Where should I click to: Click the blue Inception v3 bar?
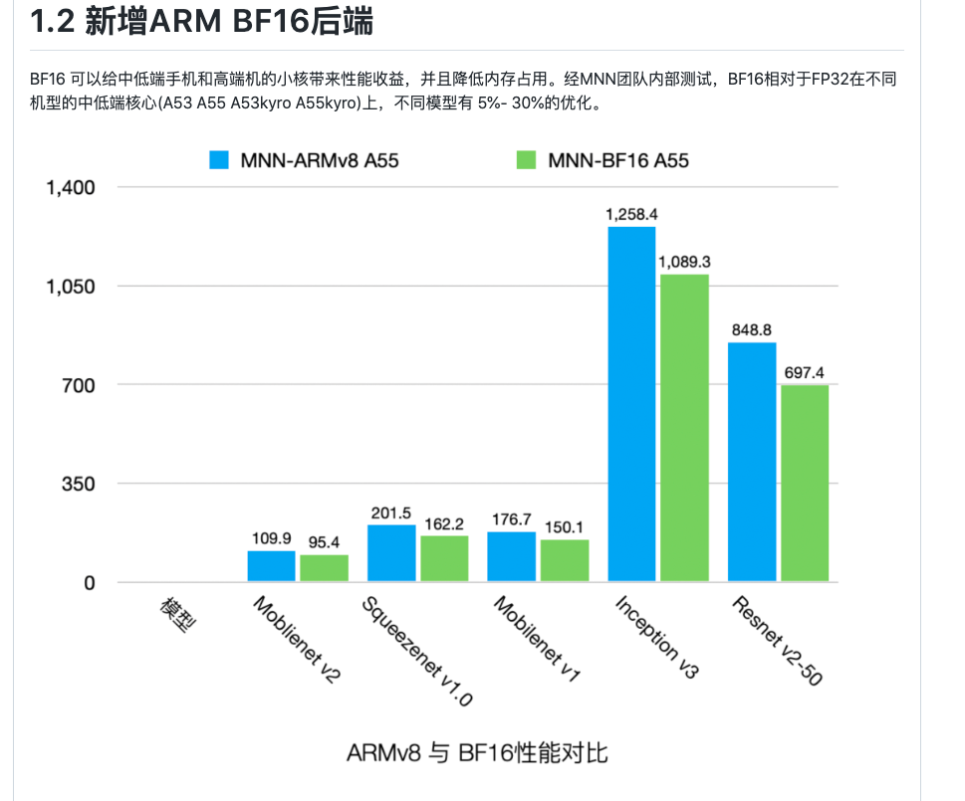(631, 404)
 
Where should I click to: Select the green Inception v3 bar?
(684, 428)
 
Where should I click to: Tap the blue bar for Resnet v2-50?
(752, 462)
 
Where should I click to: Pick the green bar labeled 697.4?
(805, 484)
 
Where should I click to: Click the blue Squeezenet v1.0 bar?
(391, 553)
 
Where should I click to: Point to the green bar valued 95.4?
(324, 568)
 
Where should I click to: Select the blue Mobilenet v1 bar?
(511, 557)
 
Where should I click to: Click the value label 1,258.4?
(631, 214)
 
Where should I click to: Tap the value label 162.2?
(444, 522)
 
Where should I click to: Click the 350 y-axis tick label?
(77, 484)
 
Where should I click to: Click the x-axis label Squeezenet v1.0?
(416, 652)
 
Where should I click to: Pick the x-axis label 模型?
(179, 614)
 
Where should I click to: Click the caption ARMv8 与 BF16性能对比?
(477, 752)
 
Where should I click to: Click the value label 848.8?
(752, 329)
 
